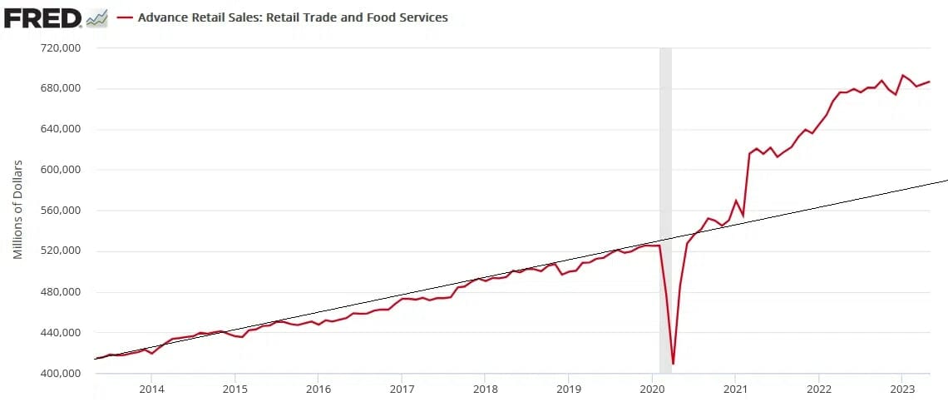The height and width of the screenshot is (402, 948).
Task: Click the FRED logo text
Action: [x=42, y=17]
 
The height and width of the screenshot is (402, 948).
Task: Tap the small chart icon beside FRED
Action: [x=96, y=17]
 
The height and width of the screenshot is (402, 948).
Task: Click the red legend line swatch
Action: [x=126, y=17]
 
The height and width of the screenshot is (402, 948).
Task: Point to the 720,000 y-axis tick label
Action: [x=60, y=48]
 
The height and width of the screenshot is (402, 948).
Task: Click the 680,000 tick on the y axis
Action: [x=60, y=89]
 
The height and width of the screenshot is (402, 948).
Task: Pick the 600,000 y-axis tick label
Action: [x=60, y=170]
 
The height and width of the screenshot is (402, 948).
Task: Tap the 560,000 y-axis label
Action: [x=60, y=211]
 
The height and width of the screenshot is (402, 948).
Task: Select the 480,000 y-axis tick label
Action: [x=60, y=292]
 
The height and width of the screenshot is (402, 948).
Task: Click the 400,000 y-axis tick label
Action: [x=60, y=373]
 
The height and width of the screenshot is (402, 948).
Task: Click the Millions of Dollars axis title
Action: [x=17, y=208]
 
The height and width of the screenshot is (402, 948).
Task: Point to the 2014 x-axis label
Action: [x=151, y=389]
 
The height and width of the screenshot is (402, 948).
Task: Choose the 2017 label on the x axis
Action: [x=402, y=389]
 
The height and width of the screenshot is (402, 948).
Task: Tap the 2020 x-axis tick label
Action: [x=652, y=389]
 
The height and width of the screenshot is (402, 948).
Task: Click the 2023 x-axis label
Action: [x=902, y=389]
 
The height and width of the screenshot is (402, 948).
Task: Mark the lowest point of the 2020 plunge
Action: [x=673, y=364]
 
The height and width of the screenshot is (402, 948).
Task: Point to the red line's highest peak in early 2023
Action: [x=902, y=75]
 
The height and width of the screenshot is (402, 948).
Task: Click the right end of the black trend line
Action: [x=946, y=180]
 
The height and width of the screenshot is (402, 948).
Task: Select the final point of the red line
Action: [x=930, y=81]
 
